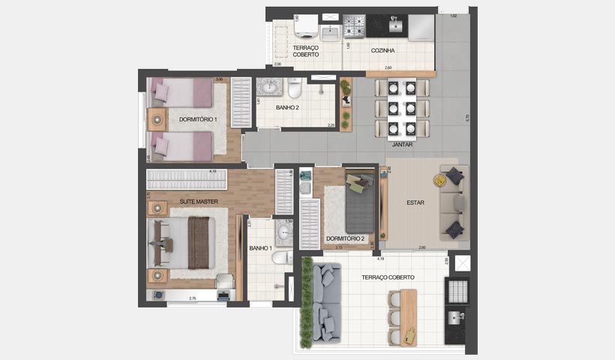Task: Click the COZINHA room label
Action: [x=383, y=51]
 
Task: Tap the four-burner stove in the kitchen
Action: [x=354, y=28]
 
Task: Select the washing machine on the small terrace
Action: [x=307, y=29]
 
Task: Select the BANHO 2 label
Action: [x=287, y=107]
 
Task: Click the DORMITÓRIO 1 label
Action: [x=198, y=119]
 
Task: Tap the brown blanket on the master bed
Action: [x=199, y=242]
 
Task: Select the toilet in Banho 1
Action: [x=281, y=259]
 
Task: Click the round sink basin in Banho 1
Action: [x=284, y=234]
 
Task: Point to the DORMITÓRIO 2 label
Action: [x=345, y=239]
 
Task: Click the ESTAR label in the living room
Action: [x=416, y=202]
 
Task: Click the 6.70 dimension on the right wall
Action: [x=466, y=118]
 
